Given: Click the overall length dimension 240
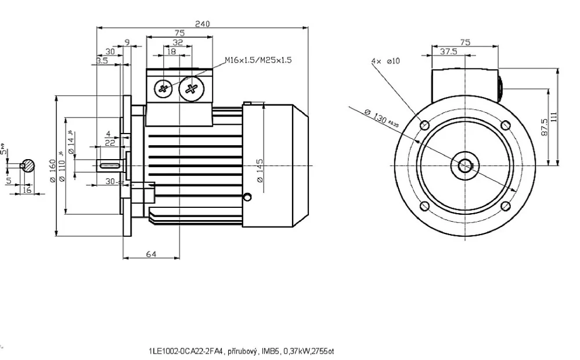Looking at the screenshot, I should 202,24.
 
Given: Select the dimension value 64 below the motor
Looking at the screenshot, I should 150,254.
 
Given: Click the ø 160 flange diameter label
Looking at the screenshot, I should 53,171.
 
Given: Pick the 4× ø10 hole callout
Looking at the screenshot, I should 386,60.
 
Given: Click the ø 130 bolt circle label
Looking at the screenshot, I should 376,115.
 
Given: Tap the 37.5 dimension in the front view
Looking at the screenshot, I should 448,51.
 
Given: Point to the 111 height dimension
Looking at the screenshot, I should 554,116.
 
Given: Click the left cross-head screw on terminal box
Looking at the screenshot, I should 163,89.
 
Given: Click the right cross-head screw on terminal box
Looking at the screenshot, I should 191,89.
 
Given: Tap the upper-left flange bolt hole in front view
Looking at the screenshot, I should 424,125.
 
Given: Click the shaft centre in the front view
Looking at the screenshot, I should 465,165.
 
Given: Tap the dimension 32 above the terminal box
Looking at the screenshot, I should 178,42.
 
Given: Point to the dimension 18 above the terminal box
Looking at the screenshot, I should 171,51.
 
